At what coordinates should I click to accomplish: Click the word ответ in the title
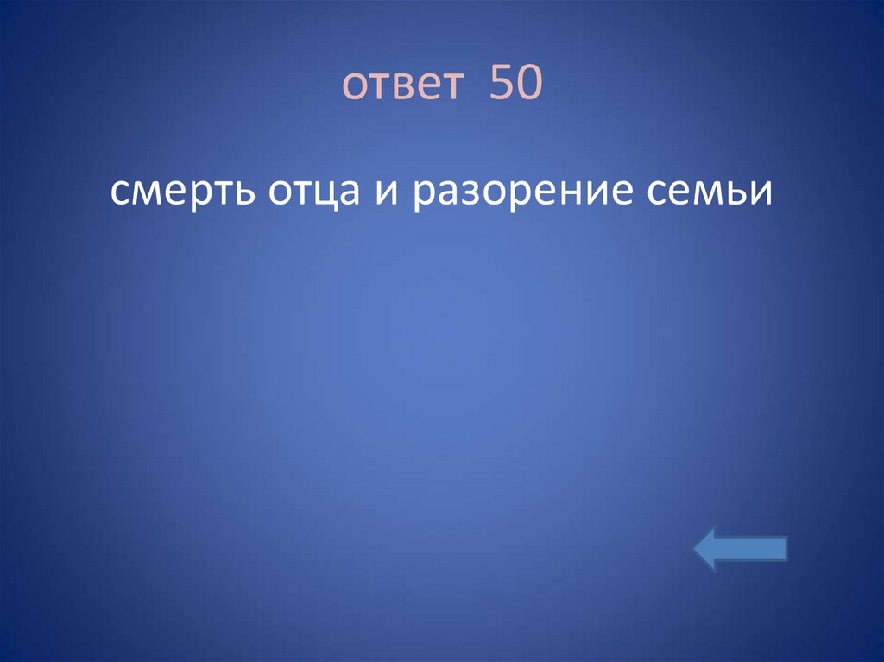coord(403,86)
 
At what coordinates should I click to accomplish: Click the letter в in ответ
coord(388,87)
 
